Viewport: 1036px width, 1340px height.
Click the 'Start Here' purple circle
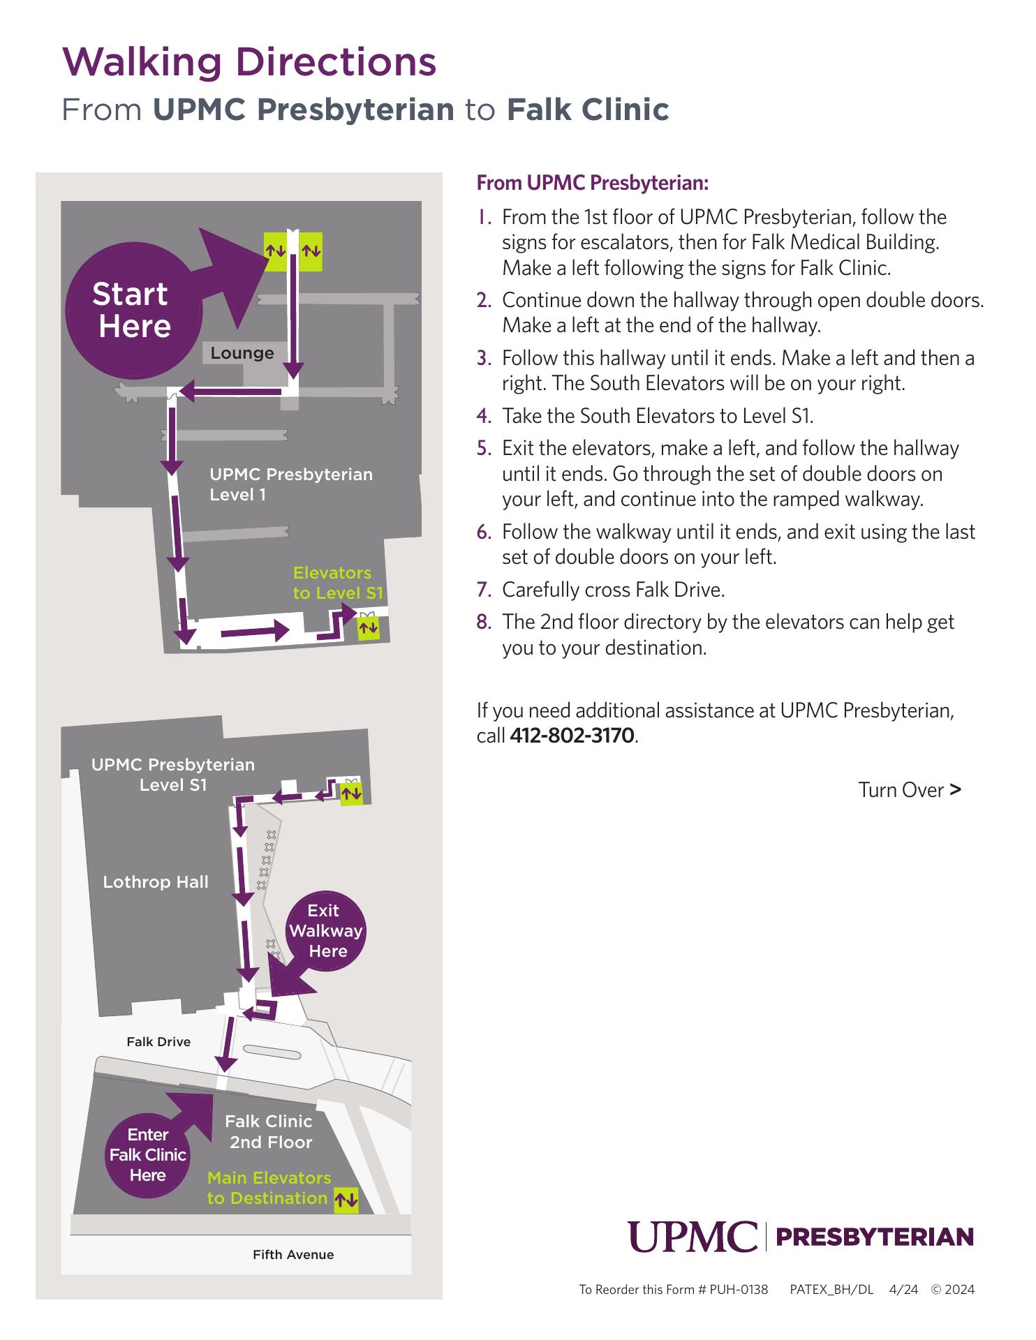(133, 311)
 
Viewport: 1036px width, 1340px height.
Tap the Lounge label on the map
(242, 353)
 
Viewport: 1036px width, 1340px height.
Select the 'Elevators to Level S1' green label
(338, 583)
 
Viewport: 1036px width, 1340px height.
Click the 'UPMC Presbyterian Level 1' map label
(291, 484)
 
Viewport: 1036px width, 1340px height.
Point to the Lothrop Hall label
(156, 882)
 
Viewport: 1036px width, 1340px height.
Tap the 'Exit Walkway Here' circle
(325, 931)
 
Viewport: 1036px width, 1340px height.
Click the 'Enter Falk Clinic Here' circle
(147, 1156)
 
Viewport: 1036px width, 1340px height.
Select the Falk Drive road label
(158, 1042)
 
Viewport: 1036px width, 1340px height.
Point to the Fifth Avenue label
(293, 1255)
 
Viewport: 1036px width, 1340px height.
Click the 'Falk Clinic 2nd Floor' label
(269, 1131)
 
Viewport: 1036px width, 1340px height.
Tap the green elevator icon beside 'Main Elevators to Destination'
(346, 1200)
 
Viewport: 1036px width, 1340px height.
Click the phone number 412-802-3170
(572, 736)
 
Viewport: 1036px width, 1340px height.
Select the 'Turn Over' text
(910, 790)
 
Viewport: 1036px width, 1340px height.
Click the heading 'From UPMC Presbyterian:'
(592, 183)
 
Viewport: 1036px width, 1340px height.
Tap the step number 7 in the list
(484, 590)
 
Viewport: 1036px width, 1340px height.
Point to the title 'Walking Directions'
(249, 62)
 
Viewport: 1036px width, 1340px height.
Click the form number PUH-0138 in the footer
(739, 1290)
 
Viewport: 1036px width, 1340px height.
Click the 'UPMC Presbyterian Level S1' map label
(173, 775)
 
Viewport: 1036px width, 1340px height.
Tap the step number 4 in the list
(484, 417)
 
